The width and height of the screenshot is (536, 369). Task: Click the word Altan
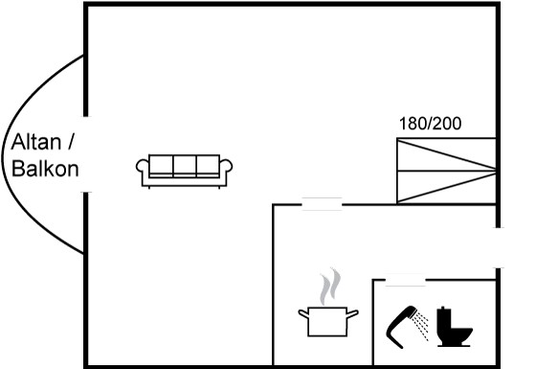pos(36,142)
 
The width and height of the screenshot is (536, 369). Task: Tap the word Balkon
pos(45,169)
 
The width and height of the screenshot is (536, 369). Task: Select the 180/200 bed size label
pos(430,124)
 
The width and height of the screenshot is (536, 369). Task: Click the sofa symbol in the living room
pos(184,172)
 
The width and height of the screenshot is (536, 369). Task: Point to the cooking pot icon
pos(328,321)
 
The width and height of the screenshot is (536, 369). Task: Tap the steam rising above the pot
pos(330,287)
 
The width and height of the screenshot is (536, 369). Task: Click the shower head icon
pos(401,327)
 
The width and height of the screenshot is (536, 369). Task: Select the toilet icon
pos(454,327)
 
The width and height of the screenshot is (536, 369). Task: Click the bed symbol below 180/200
pos(446,171)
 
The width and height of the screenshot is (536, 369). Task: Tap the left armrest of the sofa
pos(143,167)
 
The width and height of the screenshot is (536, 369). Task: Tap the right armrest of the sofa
pos(226,167)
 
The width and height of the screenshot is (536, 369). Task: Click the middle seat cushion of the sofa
pos(185,166)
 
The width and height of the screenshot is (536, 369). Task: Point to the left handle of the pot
pos(303,314)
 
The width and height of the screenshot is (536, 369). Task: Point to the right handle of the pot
pos(353,314)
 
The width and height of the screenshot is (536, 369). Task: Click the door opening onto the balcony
pos(86,154)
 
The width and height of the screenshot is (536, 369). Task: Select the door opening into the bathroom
pos(406,280)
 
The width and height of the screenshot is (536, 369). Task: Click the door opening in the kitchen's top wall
pos(322,204)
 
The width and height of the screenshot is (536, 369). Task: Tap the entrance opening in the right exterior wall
pos(499,248)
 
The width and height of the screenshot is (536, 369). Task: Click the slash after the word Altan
pos(71,142)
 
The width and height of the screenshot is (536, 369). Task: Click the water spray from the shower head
pos(420,325)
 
